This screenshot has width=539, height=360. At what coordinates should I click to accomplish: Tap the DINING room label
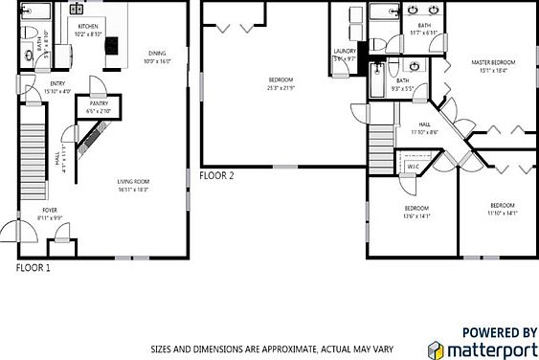(155, 53)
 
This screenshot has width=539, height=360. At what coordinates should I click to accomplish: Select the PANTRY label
(98, 103)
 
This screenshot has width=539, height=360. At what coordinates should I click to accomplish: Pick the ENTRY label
(57, 83)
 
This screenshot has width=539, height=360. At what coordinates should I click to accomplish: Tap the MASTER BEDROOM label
(493, 62)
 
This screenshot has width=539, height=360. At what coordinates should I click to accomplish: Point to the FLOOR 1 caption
(34, 268)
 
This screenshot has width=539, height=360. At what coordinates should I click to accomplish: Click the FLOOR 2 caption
(216, 175)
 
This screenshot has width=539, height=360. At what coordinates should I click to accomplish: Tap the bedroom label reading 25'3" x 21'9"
(281, 79)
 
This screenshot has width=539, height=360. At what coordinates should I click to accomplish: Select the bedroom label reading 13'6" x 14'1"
(416, 208)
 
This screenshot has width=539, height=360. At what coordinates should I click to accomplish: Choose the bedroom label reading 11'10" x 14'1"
(503, 205)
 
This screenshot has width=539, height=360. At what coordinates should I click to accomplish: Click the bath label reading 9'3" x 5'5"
(403, 80)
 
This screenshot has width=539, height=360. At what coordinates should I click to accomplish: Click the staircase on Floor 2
(381, 152)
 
